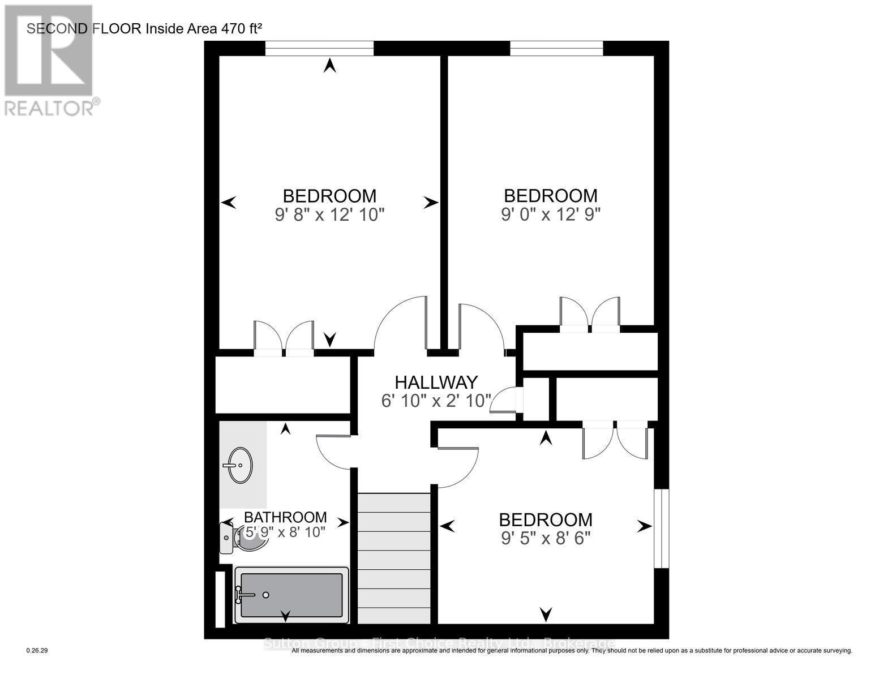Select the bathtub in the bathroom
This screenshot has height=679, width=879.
coord(291,595)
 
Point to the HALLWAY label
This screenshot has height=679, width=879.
coord(436,383)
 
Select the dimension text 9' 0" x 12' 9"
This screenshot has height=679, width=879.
coord(550,215)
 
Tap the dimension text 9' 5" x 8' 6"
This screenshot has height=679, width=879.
coord(546,538)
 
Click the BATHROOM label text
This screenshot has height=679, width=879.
coord(285,517)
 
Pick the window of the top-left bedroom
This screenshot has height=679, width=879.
coord(319,49)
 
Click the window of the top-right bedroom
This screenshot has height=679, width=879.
coord(556,49)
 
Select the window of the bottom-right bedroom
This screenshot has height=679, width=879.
coord(661,528)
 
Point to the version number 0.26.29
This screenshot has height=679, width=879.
coord(37,651)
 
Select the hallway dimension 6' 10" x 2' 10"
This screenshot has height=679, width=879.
coord(436,401)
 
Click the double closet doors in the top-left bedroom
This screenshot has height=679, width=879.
coord(284,339)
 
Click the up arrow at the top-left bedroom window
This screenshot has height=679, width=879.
coord(329,66)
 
